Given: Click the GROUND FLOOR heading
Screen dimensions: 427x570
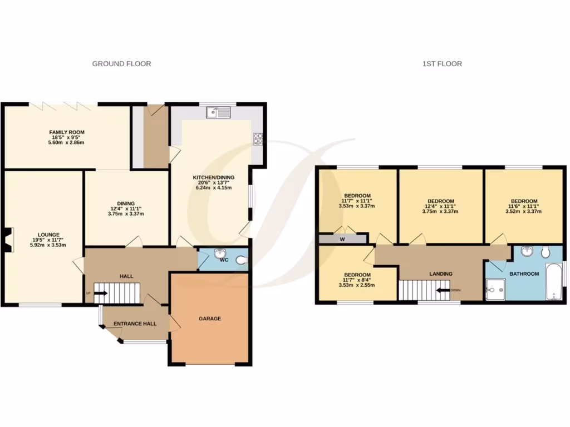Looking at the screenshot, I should coord(121,64).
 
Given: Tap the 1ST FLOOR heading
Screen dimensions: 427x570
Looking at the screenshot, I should coord(442,64).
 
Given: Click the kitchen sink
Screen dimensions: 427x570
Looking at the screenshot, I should coord(218,113).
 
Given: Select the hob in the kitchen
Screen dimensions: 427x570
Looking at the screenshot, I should coord(258,138).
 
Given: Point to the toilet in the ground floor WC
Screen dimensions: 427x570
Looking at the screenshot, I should coord(241,260).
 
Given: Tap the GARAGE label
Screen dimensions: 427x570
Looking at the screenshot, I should coord(210,319).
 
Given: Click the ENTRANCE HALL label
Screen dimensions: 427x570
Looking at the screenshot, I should coord(135,324).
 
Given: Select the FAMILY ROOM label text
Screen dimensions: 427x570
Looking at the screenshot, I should coord(66,132).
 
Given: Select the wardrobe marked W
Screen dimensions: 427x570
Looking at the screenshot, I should coord(342,239).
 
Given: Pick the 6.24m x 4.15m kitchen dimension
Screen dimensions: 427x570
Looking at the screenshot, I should coord(210,188).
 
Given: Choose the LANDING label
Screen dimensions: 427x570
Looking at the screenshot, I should coord(441,274).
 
